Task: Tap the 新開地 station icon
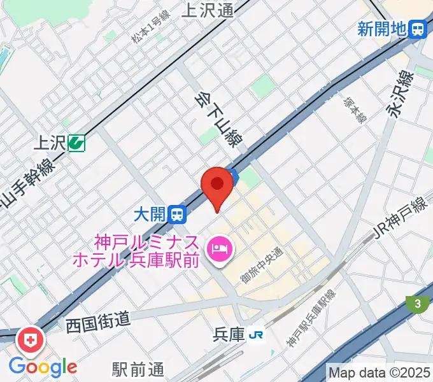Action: click(418, 29)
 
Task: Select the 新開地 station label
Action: click(381, 29)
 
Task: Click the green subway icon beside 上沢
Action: click(78, 143)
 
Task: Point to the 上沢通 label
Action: click(208, 9)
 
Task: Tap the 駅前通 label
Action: click(138, 369)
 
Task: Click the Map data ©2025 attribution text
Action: click(379, 372)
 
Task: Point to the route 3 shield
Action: click(417, 304)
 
